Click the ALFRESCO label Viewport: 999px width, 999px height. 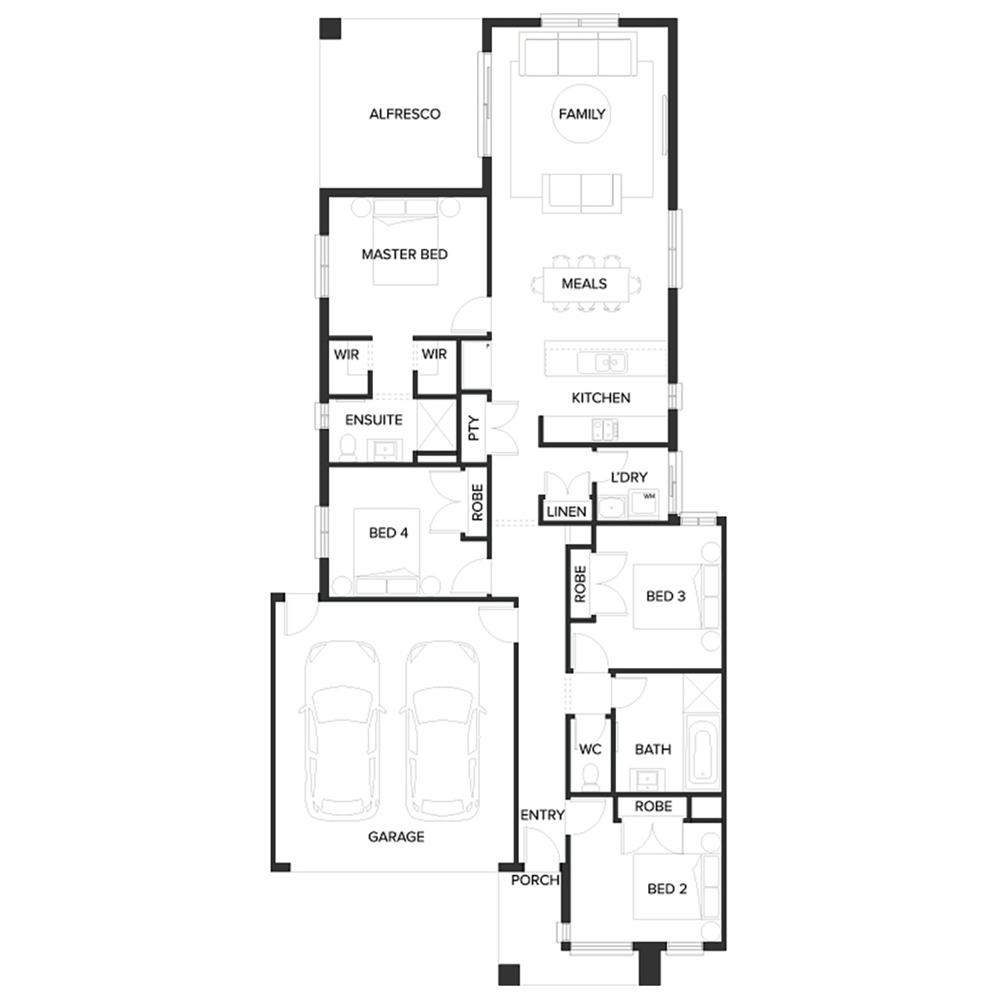coord(405,114)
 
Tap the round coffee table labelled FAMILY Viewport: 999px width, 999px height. coord(581,114)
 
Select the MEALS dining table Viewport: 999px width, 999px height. coord(585,284)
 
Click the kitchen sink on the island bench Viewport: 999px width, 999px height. coord(602,363)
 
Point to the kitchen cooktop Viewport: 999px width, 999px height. coord(605,428)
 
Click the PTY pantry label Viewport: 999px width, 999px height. coord(474,428)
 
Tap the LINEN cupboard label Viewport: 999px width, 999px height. coord(566,511)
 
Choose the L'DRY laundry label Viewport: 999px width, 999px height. coord(629,477)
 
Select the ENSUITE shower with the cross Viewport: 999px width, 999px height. coord(436,427)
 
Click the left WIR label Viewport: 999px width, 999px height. coord(346,354)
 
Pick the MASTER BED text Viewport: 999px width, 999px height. coord(404,254)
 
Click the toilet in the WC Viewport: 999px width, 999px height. coord(590,777)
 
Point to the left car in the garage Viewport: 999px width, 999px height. coord(342,731)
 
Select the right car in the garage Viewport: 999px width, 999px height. coord(442,731)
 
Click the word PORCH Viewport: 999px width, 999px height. coord(535,880)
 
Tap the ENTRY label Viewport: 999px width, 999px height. coord(542,815)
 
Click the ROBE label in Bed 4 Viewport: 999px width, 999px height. coord(478,502)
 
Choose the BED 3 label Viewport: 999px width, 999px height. coord(665,596)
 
